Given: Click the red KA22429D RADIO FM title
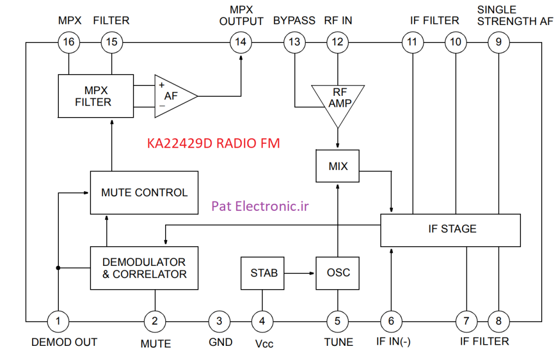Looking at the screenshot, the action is tap(214, 143).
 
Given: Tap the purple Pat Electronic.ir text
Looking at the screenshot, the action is tap(260, 206).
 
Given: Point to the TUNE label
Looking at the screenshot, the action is tap(338, 342).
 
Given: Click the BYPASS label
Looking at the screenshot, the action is tap(294, 21).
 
